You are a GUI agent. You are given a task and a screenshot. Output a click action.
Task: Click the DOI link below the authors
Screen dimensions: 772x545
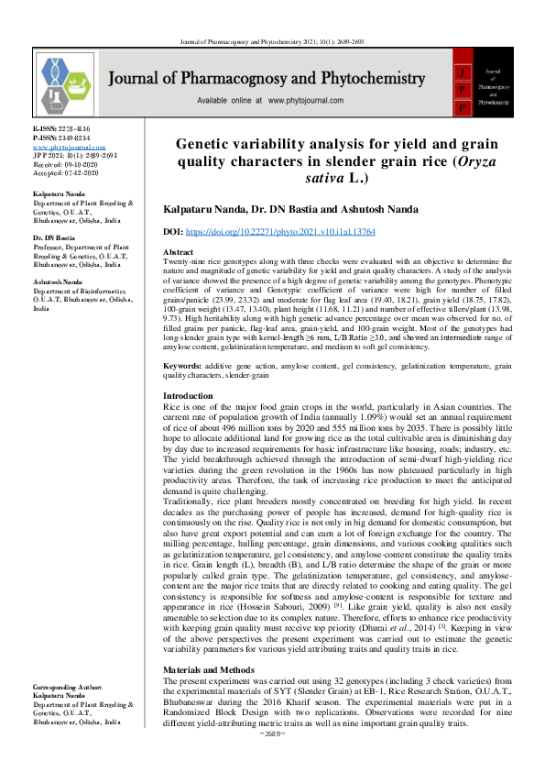tap(293, 234)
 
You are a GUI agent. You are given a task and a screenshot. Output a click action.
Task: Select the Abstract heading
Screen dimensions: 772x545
tap(178, 251)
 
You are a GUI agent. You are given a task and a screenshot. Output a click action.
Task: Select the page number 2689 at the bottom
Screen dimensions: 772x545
tap(273, 760)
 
